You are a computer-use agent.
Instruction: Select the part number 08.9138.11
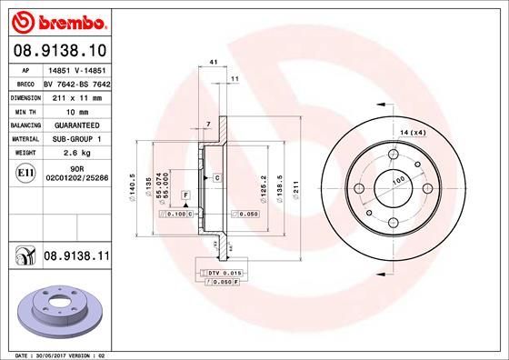[76, 258]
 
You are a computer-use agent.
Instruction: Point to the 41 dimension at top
[213, 61]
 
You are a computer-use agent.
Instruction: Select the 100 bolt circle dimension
[397, 182]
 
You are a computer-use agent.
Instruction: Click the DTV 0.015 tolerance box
[220, 273]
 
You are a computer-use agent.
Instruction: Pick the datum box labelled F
[185, 195]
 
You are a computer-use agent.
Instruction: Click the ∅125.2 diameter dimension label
[263, 187]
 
